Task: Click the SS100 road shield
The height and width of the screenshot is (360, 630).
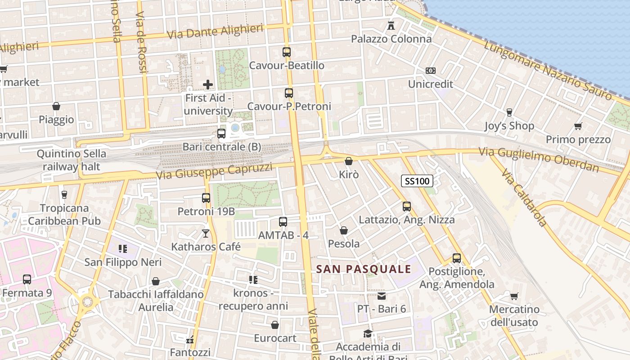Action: pyautogui.click(x=417, y=181)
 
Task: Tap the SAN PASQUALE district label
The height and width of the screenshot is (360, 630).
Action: pyautogui.click(x=364, y=269)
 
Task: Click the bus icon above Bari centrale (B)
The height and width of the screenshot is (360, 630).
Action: pyautogui.click(x=221, y=134)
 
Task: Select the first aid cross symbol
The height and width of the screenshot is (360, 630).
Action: pyautogui.click(x=208, y=84)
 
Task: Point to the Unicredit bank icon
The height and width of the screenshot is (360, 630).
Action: pyautogui.click(x=431, y=71)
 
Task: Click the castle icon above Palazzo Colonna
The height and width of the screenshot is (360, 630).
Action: pyautogui.click(x=391, y=26)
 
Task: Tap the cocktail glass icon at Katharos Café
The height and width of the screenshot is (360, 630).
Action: pyautogui.click(x=206, y=233)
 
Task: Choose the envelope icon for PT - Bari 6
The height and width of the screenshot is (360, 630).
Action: pyautogui.click(x=382, y=296)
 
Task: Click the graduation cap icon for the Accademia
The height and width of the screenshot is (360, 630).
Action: pyautogui.click(x=368, y=333)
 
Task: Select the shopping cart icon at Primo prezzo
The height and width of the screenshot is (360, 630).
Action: pyautogui.click(x=578, y=126)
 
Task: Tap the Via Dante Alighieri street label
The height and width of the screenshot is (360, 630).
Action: pyautogui.click(x=215, y=32)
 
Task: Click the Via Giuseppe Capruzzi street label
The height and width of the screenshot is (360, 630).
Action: pyautogui.click(x=214, y=171)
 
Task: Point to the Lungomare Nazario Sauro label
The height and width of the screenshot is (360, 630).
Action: pyautogui.click(x=548, y=70)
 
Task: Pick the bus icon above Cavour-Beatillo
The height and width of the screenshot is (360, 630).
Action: pyautogui.click(x=287, y=52)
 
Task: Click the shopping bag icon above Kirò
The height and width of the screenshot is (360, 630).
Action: pyautogui.click(x=349, y=161)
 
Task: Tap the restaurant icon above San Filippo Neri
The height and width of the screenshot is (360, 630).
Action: pyautogui.click(x=123, y=248)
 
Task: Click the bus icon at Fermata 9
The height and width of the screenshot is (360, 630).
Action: pyautogui.click(x=27, y=279)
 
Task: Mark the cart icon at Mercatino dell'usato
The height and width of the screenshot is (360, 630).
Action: pyautogui.click(x=514, y=296)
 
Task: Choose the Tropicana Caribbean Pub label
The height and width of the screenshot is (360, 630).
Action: pyautogui.click(x=64, y=215)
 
